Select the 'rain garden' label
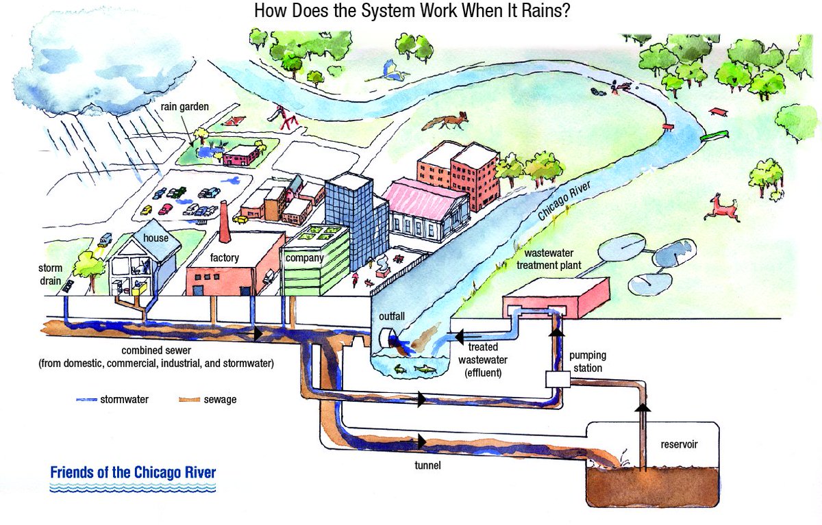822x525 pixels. [x=184, y=107]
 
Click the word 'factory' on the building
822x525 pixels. [x=224, y=258]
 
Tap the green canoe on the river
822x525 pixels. [x=712, y=135]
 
